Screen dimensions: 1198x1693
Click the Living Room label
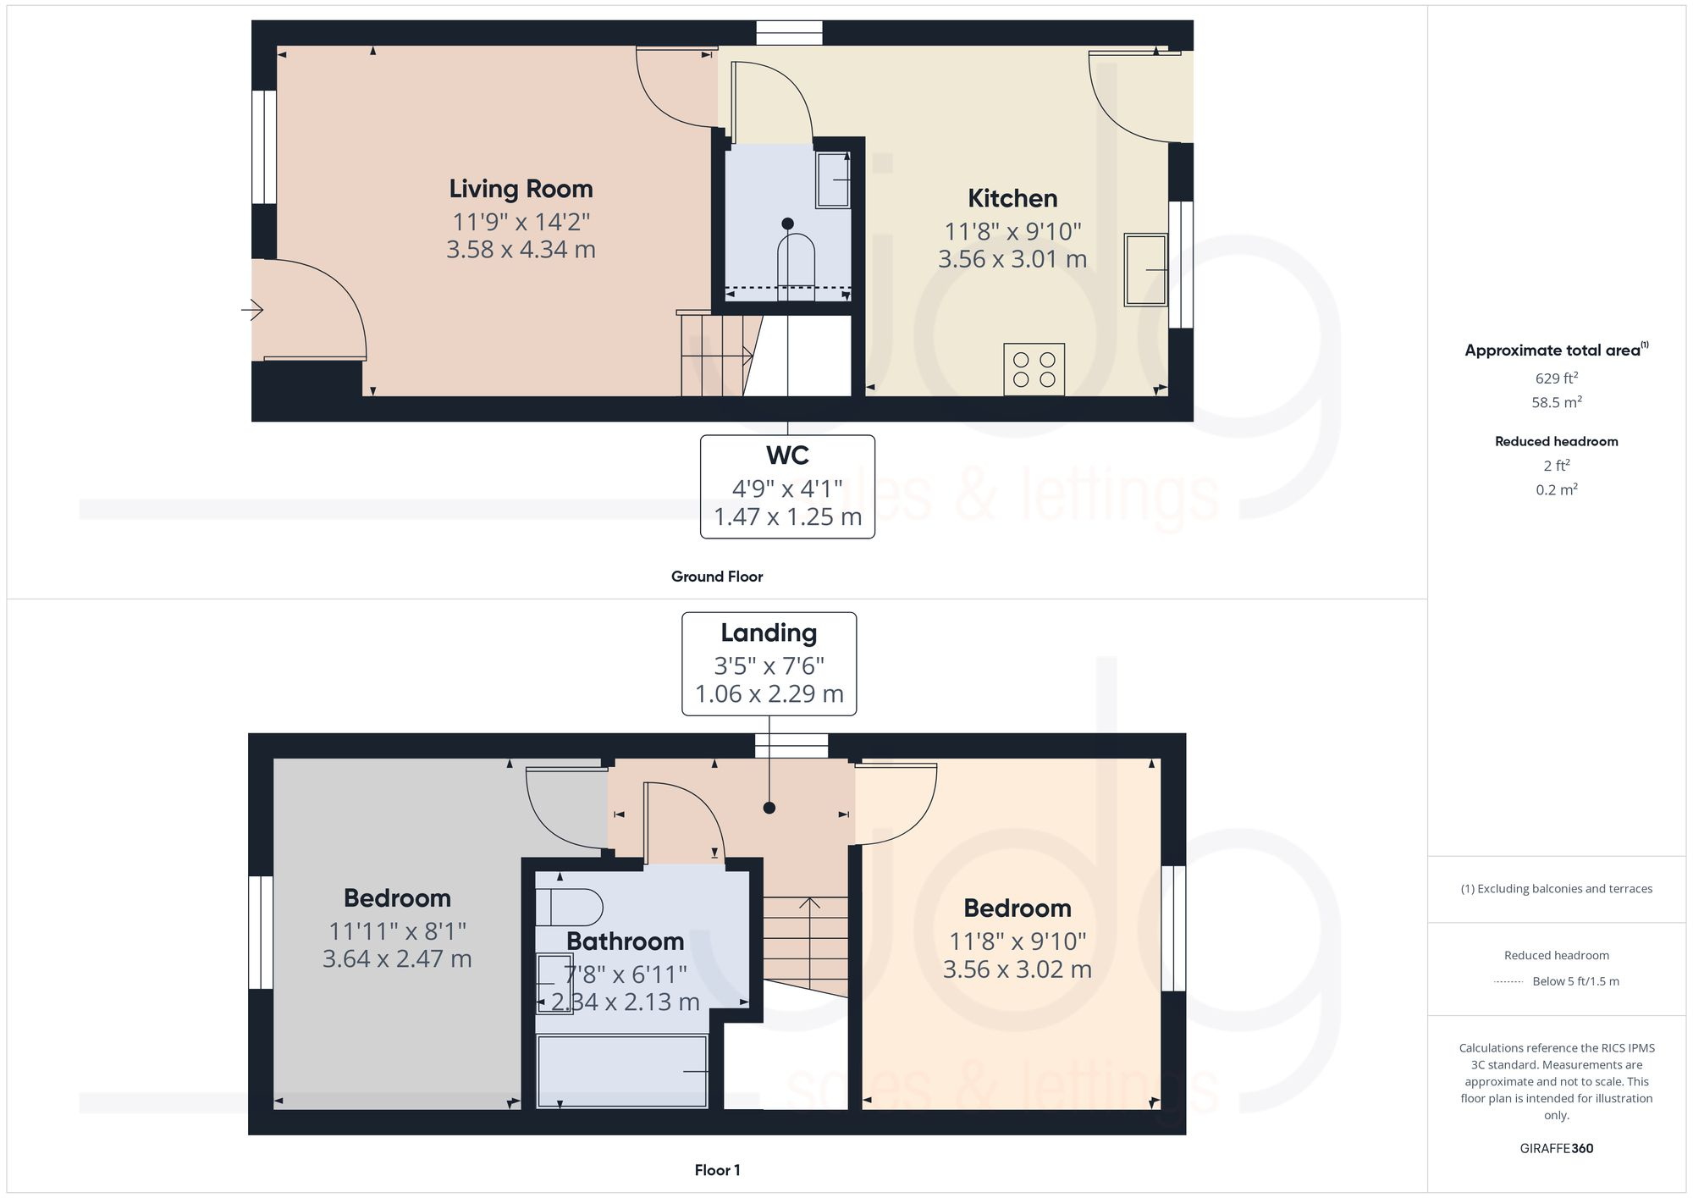click(521, 189)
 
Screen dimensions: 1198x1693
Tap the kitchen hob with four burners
click(1034, 369)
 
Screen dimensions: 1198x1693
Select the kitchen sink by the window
click(1145, 269)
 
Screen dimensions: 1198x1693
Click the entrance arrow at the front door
click(252, 310)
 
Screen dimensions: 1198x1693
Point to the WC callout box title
click(787, 455)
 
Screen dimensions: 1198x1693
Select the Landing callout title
click(769, 633)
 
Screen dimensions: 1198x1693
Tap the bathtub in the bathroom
click(622, 1071)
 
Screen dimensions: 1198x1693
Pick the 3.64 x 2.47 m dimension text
click(397, 959)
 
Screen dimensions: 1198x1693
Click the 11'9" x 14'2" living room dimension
click(521, 222)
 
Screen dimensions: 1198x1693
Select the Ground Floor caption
click(717, 577)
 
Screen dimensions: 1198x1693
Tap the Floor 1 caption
click(717, 1170)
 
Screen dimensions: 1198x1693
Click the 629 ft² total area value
click(1556, 378)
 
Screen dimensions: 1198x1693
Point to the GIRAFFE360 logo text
click(1556, 1148)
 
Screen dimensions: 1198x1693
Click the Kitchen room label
click(1012, 198)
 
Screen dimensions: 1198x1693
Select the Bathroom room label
click(625, 941)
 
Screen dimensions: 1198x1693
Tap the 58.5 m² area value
click(1556, 402)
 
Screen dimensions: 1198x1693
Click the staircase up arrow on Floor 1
click(809, 904)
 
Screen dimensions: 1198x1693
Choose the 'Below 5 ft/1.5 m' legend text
click(1575, 981)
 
